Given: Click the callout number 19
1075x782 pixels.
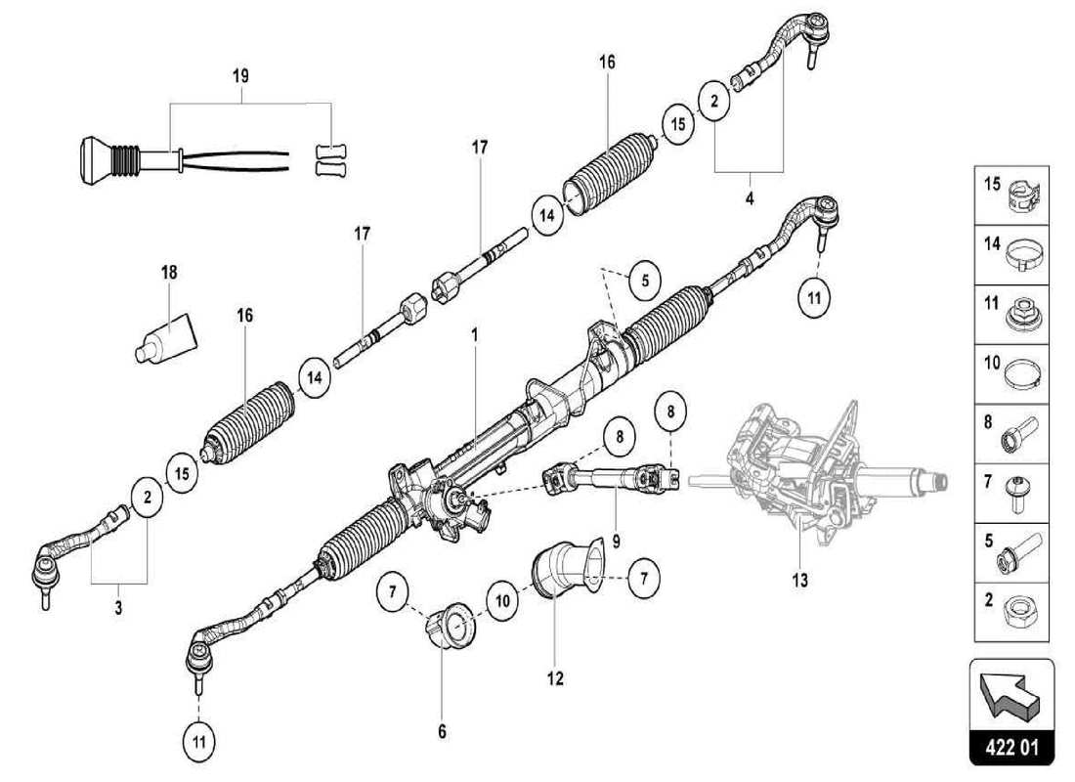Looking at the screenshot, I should tap(240, 75).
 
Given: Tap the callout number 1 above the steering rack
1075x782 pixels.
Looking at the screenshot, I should tap(474, 334).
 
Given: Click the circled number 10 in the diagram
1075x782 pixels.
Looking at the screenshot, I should tap(499, 601).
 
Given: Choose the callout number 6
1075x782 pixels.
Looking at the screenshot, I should tap(441, 730).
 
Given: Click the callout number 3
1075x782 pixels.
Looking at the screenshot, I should tap(117, 609).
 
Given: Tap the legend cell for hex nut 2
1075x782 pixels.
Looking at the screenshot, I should tap(1011, 612).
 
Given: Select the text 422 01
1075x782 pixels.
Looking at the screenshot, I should tap(1011, 749).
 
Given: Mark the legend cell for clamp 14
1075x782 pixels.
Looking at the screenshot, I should tap(1011, 256).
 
